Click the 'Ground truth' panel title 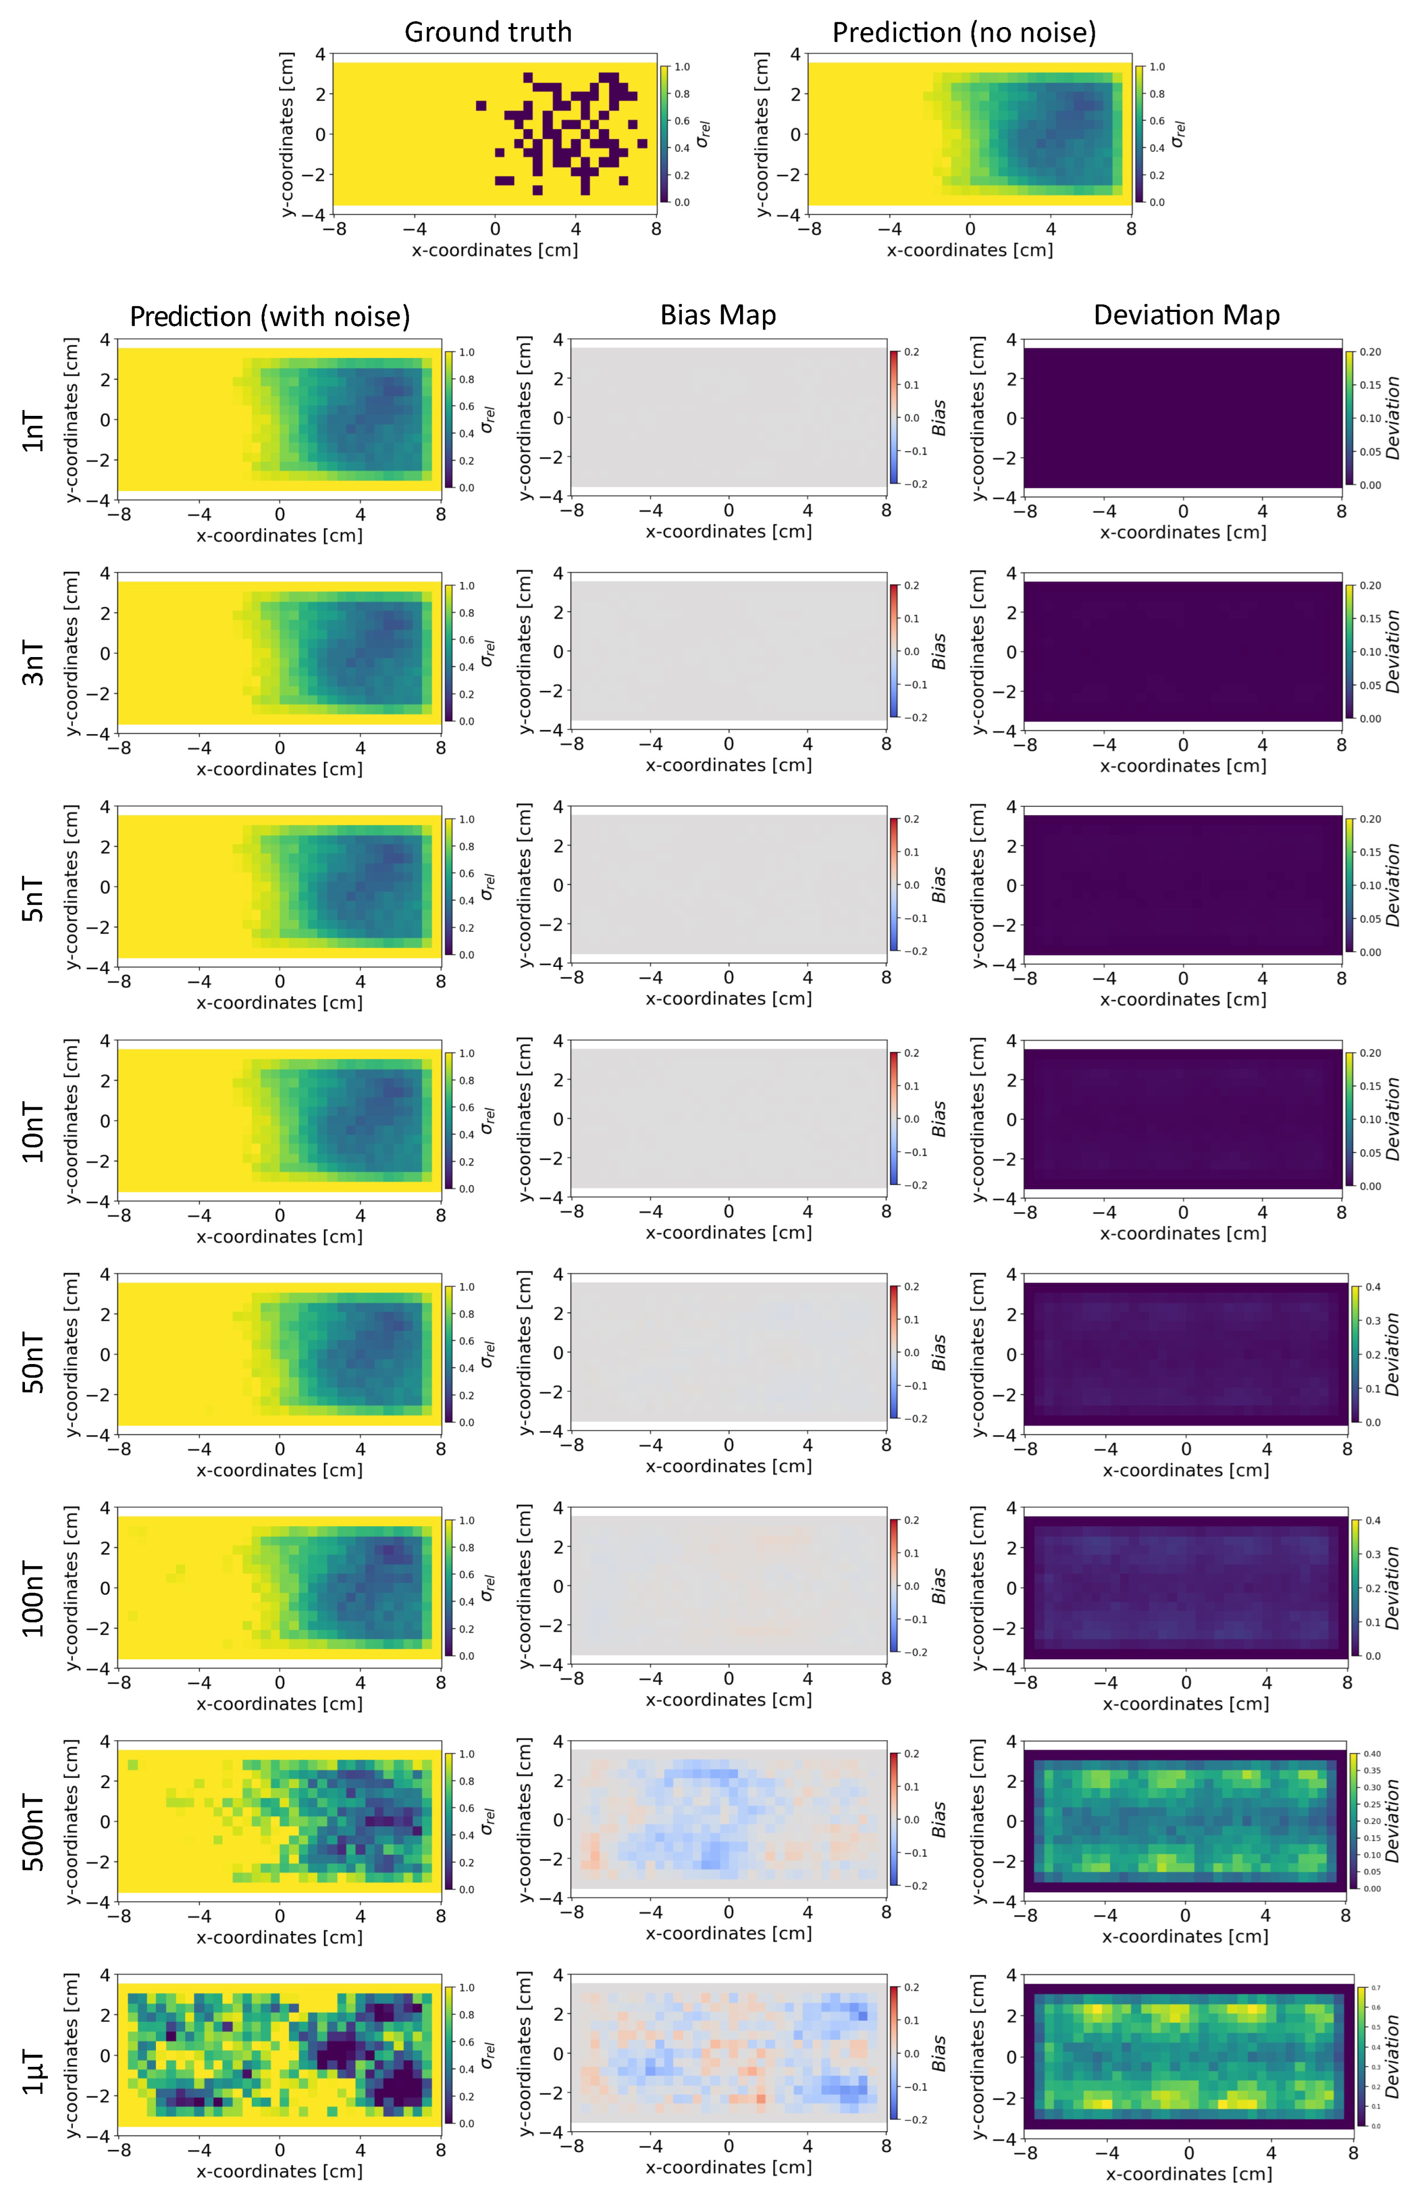[488, 32]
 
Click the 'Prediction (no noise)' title [963, 32]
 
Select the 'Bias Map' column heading [717, 316]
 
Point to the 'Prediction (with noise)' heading [269, 317]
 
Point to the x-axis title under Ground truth [494, 250]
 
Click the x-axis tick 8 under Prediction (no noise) [1131, 229]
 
